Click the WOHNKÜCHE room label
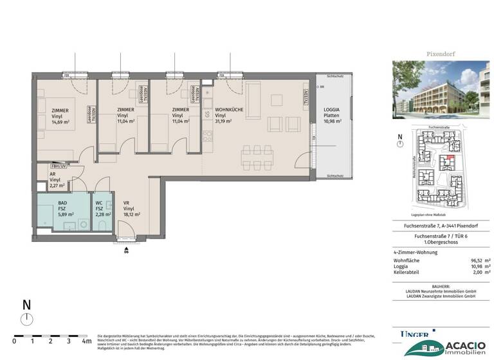(x=229, y=110)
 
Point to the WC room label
(x=99, y=202)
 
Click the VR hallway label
(x=127, y=202)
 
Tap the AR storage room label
(x=54, y=175)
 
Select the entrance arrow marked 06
(x=127, y=248)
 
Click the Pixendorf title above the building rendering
(x=441, y=55)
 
